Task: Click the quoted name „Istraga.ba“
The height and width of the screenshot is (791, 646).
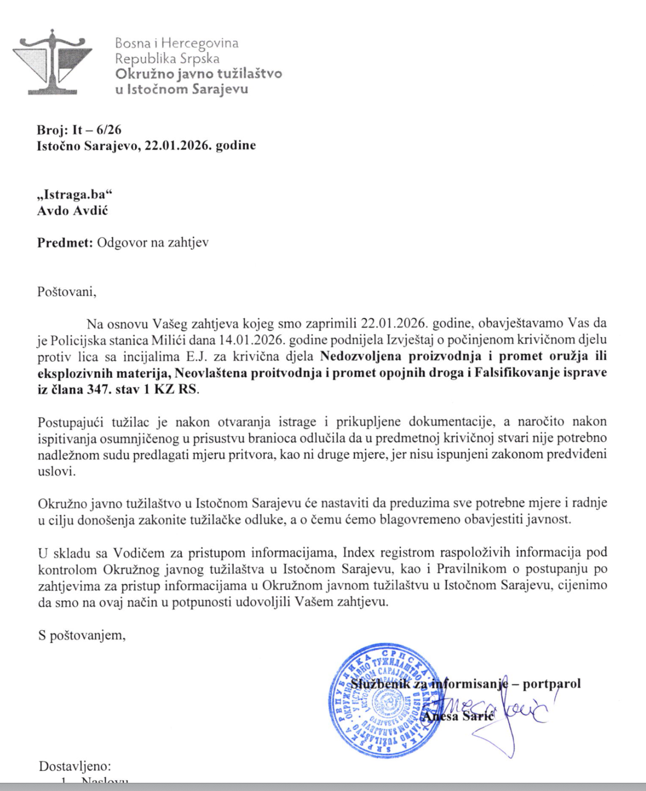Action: [x=74, y=195]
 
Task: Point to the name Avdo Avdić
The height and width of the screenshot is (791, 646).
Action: [x=73, y=211]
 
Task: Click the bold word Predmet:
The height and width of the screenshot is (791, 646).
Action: [x=65, y=243]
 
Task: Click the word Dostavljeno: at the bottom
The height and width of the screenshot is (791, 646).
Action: [x=75, y=766]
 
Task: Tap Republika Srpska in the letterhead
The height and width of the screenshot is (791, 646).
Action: [x=167, y=58]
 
